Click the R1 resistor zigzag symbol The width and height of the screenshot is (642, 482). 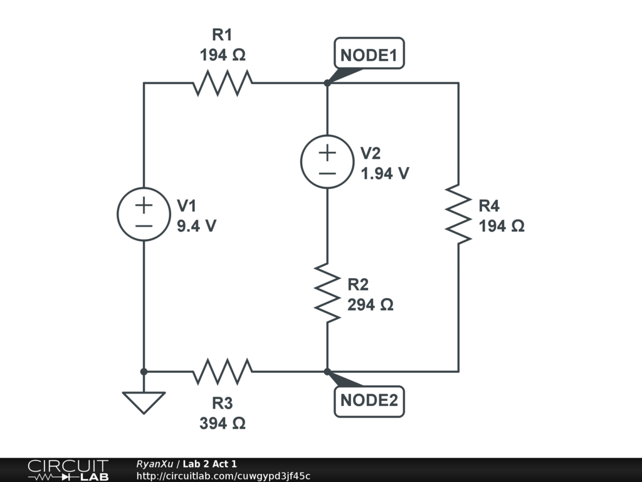tap(223, 83)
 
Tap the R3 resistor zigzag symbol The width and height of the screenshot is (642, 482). tap(223, 372)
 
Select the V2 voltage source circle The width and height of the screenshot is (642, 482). tap(327, 161)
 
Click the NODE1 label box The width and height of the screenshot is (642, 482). tap(369, 56)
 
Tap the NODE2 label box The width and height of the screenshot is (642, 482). tap(369, 400)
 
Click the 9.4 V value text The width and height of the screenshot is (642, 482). tap(196, 227)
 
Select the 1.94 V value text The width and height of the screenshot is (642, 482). tap(385, 174)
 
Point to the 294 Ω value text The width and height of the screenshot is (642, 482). tap(371, 305)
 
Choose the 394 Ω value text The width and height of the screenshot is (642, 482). tap(223, 424)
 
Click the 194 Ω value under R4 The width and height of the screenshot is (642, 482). tap(502, 227)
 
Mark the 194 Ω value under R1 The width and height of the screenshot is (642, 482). tap(223, 56)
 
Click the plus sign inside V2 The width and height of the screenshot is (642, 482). tap(327, 152)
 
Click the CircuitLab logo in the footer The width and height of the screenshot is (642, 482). tap(68, 469)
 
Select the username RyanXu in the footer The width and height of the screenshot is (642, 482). tap(155, 464)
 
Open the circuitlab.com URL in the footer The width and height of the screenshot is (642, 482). tap(223, 476)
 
